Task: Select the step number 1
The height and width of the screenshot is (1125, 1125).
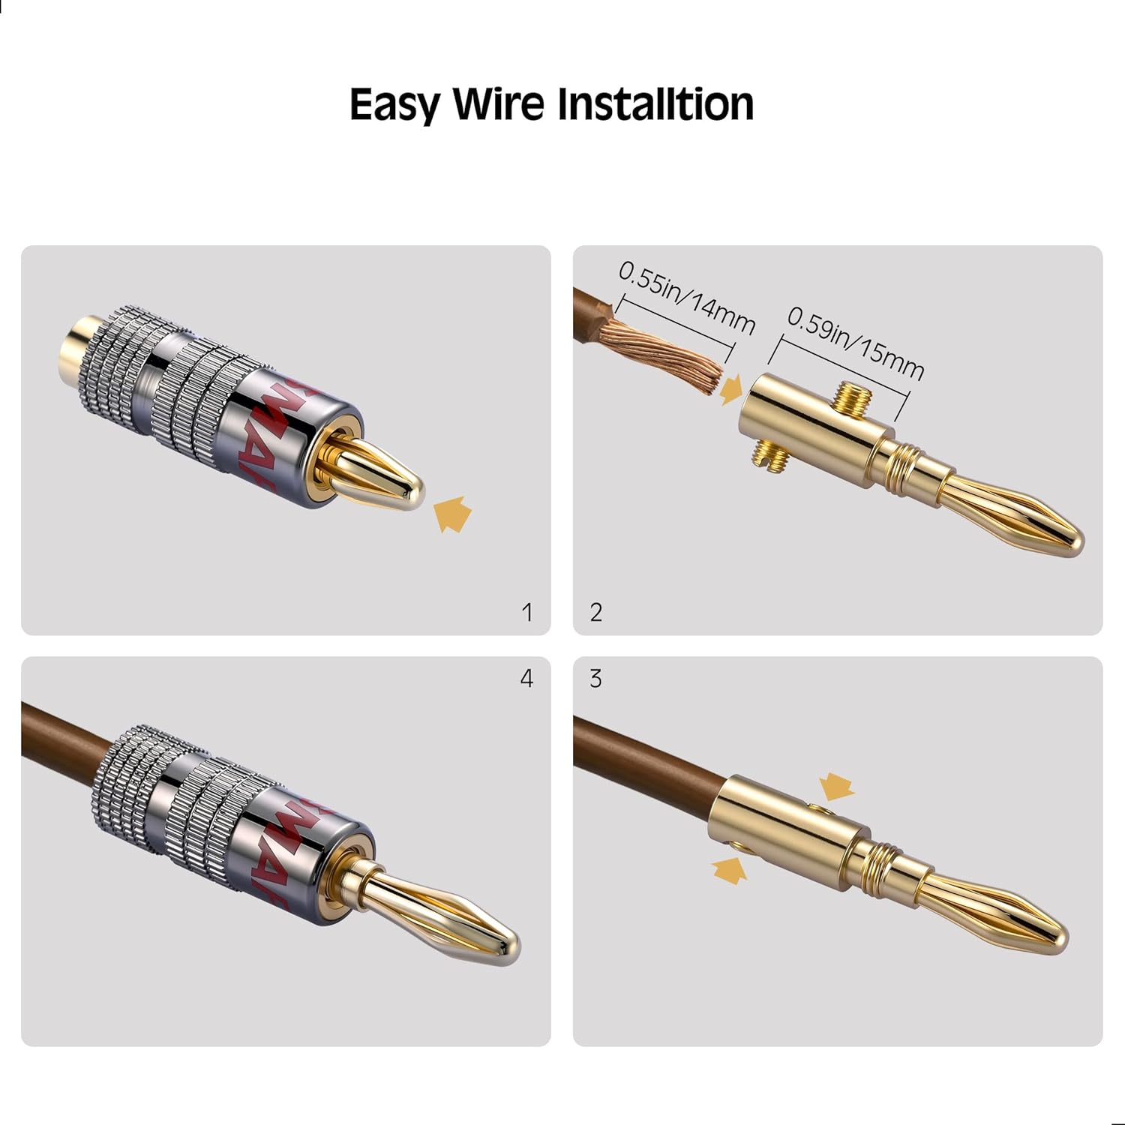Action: (527, 613)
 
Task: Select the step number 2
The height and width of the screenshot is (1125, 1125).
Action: (596, 613)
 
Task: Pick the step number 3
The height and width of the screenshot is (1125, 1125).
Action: (596, 679)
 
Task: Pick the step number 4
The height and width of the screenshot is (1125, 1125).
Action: (527, 679)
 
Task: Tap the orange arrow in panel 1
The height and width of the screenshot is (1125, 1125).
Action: (453, 515)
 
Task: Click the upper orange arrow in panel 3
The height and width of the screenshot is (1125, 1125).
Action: (837, 787)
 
